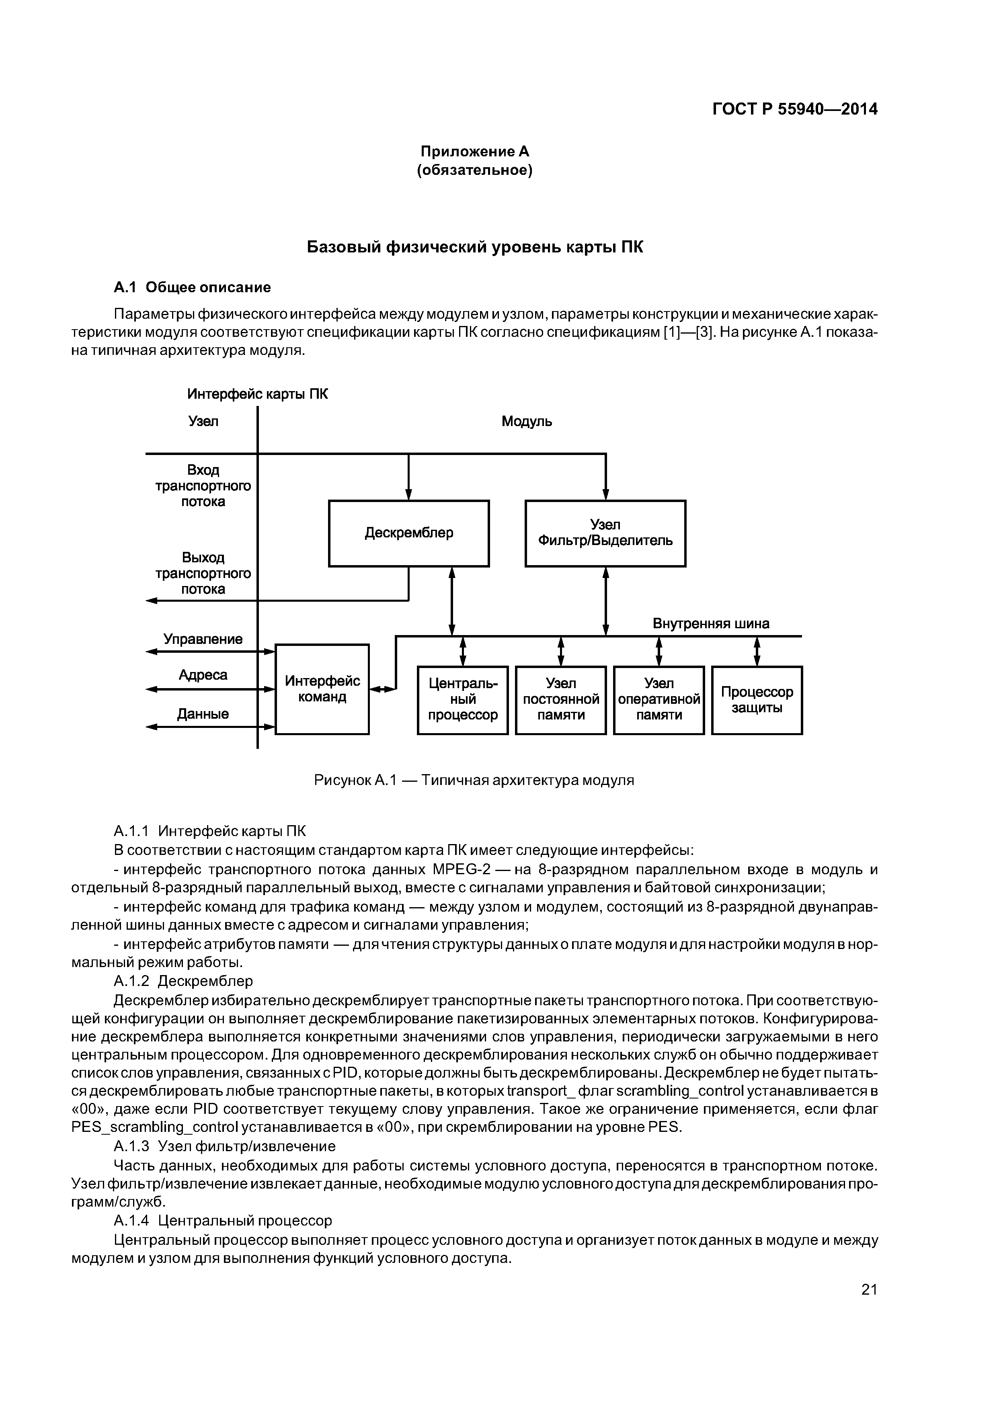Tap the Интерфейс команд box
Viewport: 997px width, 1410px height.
[322, 689]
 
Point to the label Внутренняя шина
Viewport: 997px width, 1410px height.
[711, 624]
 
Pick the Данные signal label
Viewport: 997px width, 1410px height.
[203, 713]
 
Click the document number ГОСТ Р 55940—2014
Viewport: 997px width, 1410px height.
[795, 109]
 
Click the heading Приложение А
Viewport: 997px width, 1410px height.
[474, 151]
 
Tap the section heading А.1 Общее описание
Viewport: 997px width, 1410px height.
[192, 287]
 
